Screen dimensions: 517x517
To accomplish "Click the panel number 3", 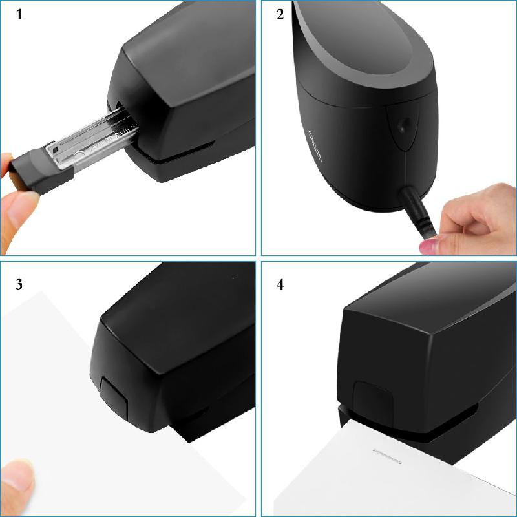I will tap(19, 284).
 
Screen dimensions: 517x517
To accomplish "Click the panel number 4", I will tap(280, 284).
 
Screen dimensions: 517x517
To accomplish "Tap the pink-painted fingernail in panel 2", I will tap(428, 246).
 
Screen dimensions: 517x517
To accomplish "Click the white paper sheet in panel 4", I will tap(401, 478).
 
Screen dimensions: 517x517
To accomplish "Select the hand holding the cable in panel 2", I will tap(478, 220).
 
